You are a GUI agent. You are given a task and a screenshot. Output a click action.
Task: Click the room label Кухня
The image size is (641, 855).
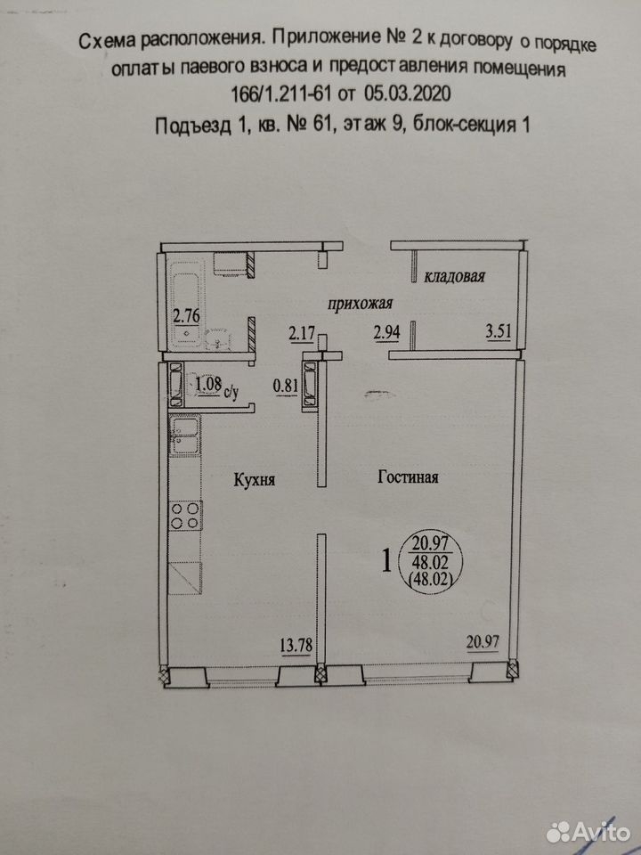coord(254,480)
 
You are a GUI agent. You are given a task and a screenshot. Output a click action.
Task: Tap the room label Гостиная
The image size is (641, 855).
coord(408,477)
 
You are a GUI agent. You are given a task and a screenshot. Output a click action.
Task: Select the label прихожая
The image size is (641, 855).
coord(360,304)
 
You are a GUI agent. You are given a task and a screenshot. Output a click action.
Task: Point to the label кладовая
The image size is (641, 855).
coord(455,276)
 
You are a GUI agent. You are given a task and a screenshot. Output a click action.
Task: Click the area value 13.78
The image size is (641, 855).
coord(296,646)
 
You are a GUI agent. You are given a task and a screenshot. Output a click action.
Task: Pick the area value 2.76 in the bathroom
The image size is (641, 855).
coord(186,315)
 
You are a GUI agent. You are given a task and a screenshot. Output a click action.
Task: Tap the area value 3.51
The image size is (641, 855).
coord(499,331)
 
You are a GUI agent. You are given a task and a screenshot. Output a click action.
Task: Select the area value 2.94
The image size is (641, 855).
coord(386,331)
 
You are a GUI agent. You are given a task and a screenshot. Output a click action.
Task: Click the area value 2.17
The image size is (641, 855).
coord(302,332)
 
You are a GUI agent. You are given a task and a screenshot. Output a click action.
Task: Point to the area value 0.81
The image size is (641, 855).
coord(286,386)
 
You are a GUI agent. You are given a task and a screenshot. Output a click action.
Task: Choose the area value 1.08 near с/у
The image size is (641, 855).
coord(207,384)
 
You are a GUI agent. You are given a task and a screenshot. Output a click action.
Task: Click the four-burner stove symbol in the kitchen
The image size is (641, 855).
coord(185,516)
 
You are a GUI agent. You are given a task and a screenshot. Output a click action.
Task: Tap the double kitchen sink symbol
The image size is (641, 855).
coord(185,435)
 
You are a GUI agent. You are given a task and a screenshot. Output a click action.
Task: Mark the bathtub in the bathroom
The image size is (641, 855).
coord(186,305)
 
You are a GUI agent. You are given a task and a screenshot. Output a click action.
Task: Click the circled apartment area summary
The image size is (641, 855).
coord(431,562)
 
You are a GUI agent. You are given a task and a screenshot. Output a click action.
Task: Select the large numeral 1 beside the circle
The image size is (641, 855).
coord(387,560)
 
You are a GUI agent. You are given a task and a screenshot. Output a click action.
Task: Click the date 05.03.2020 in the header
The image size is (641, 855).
coord(408,94)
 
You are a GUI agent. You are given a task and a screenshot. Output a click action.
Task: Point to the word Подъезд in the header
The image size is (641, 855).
coord(193,126)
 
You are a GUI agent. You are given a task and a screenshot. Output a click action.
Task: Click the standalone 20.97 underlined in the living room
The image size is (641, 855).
coord(483,642)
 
